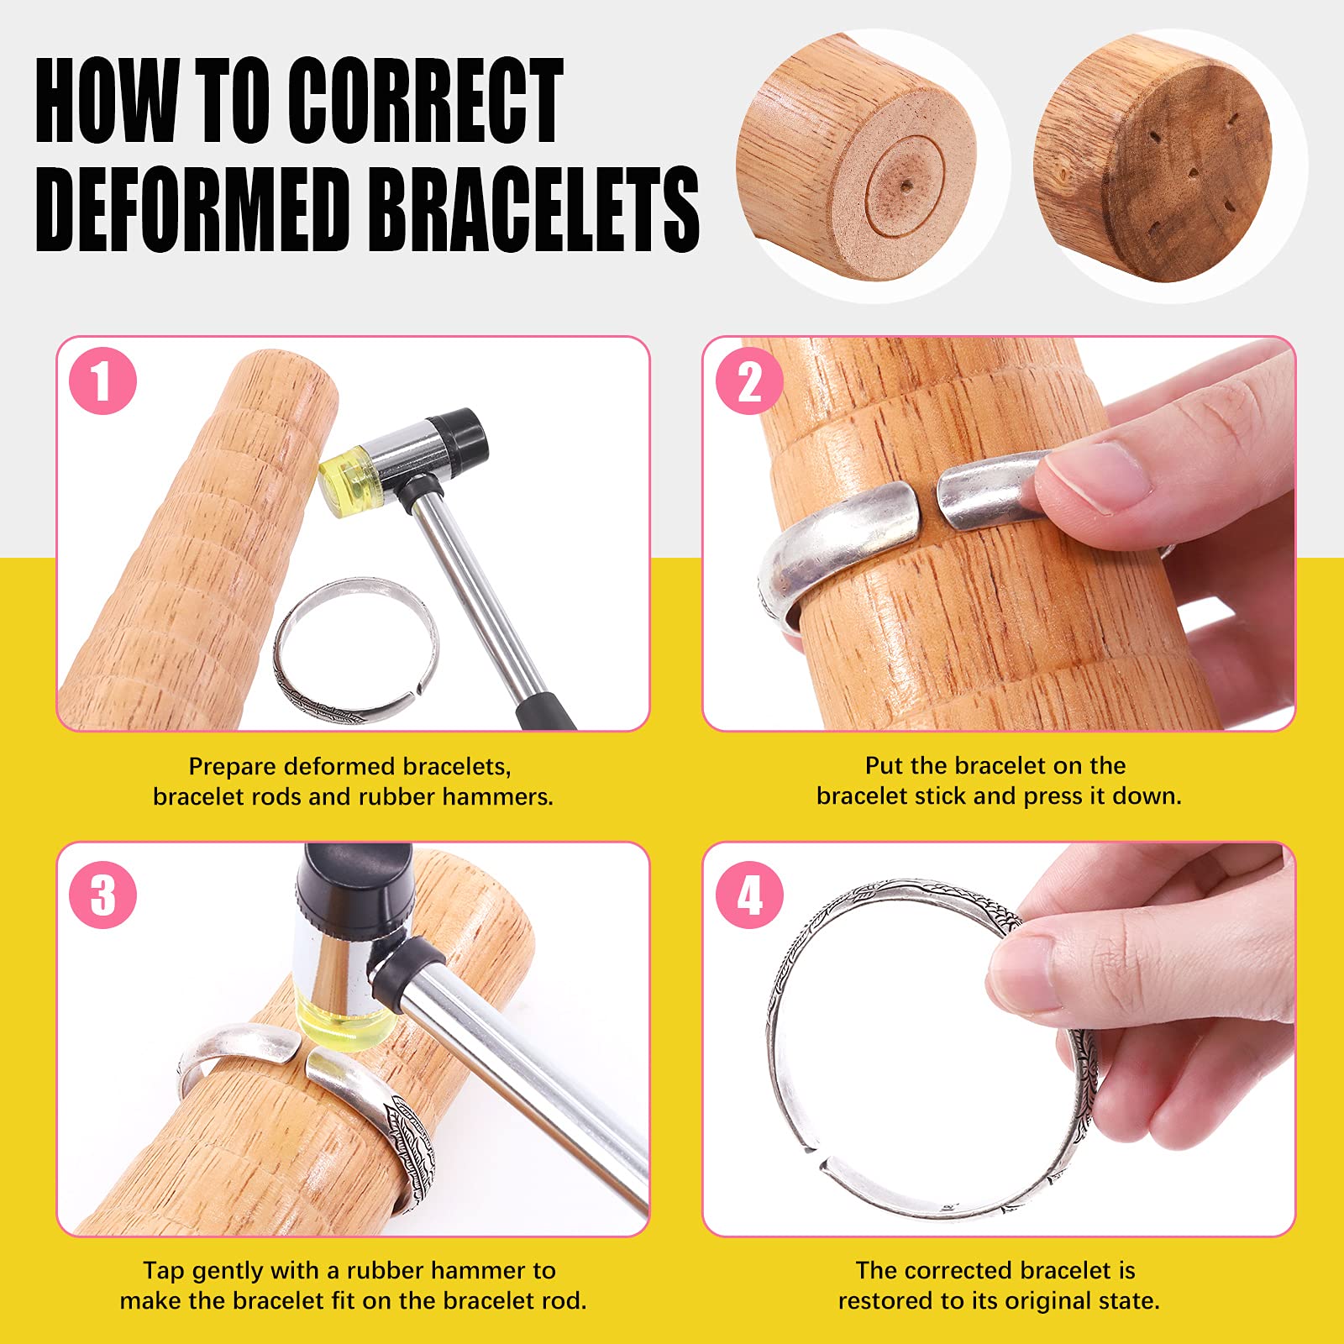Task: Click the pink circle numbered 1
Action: [x=102, y=381]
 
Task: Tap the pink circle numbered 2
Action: [x=749, y=381]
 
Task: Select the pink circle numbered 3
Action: [x=102, y=895]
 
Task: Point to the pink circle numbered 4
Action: [x=749, y=895]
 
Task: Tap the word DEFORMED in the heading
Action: [x=192, y=210]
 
